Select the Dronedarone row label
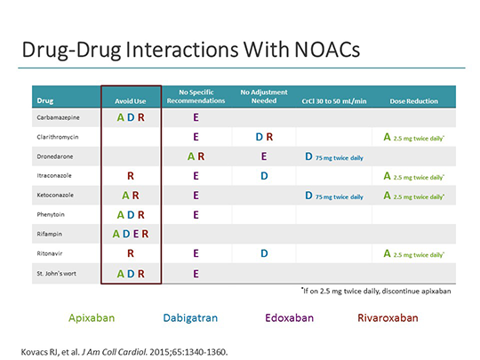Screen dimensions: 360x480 click(53, 156)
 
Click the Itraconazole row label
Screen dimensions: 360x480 click(52, 175)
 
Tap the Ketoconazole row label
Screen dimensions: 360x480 click(54, 195)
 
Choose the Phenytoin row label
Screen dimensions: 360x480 click(51, 214)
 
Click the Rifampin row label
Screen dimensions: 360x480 click(49, 234)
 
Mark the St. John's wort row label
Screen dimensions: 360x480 click(57, 273)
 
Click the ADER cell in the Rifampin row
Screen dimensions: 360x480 click(131, 234)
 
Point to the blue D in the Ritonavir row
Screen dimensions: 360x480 click(265, 253)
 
